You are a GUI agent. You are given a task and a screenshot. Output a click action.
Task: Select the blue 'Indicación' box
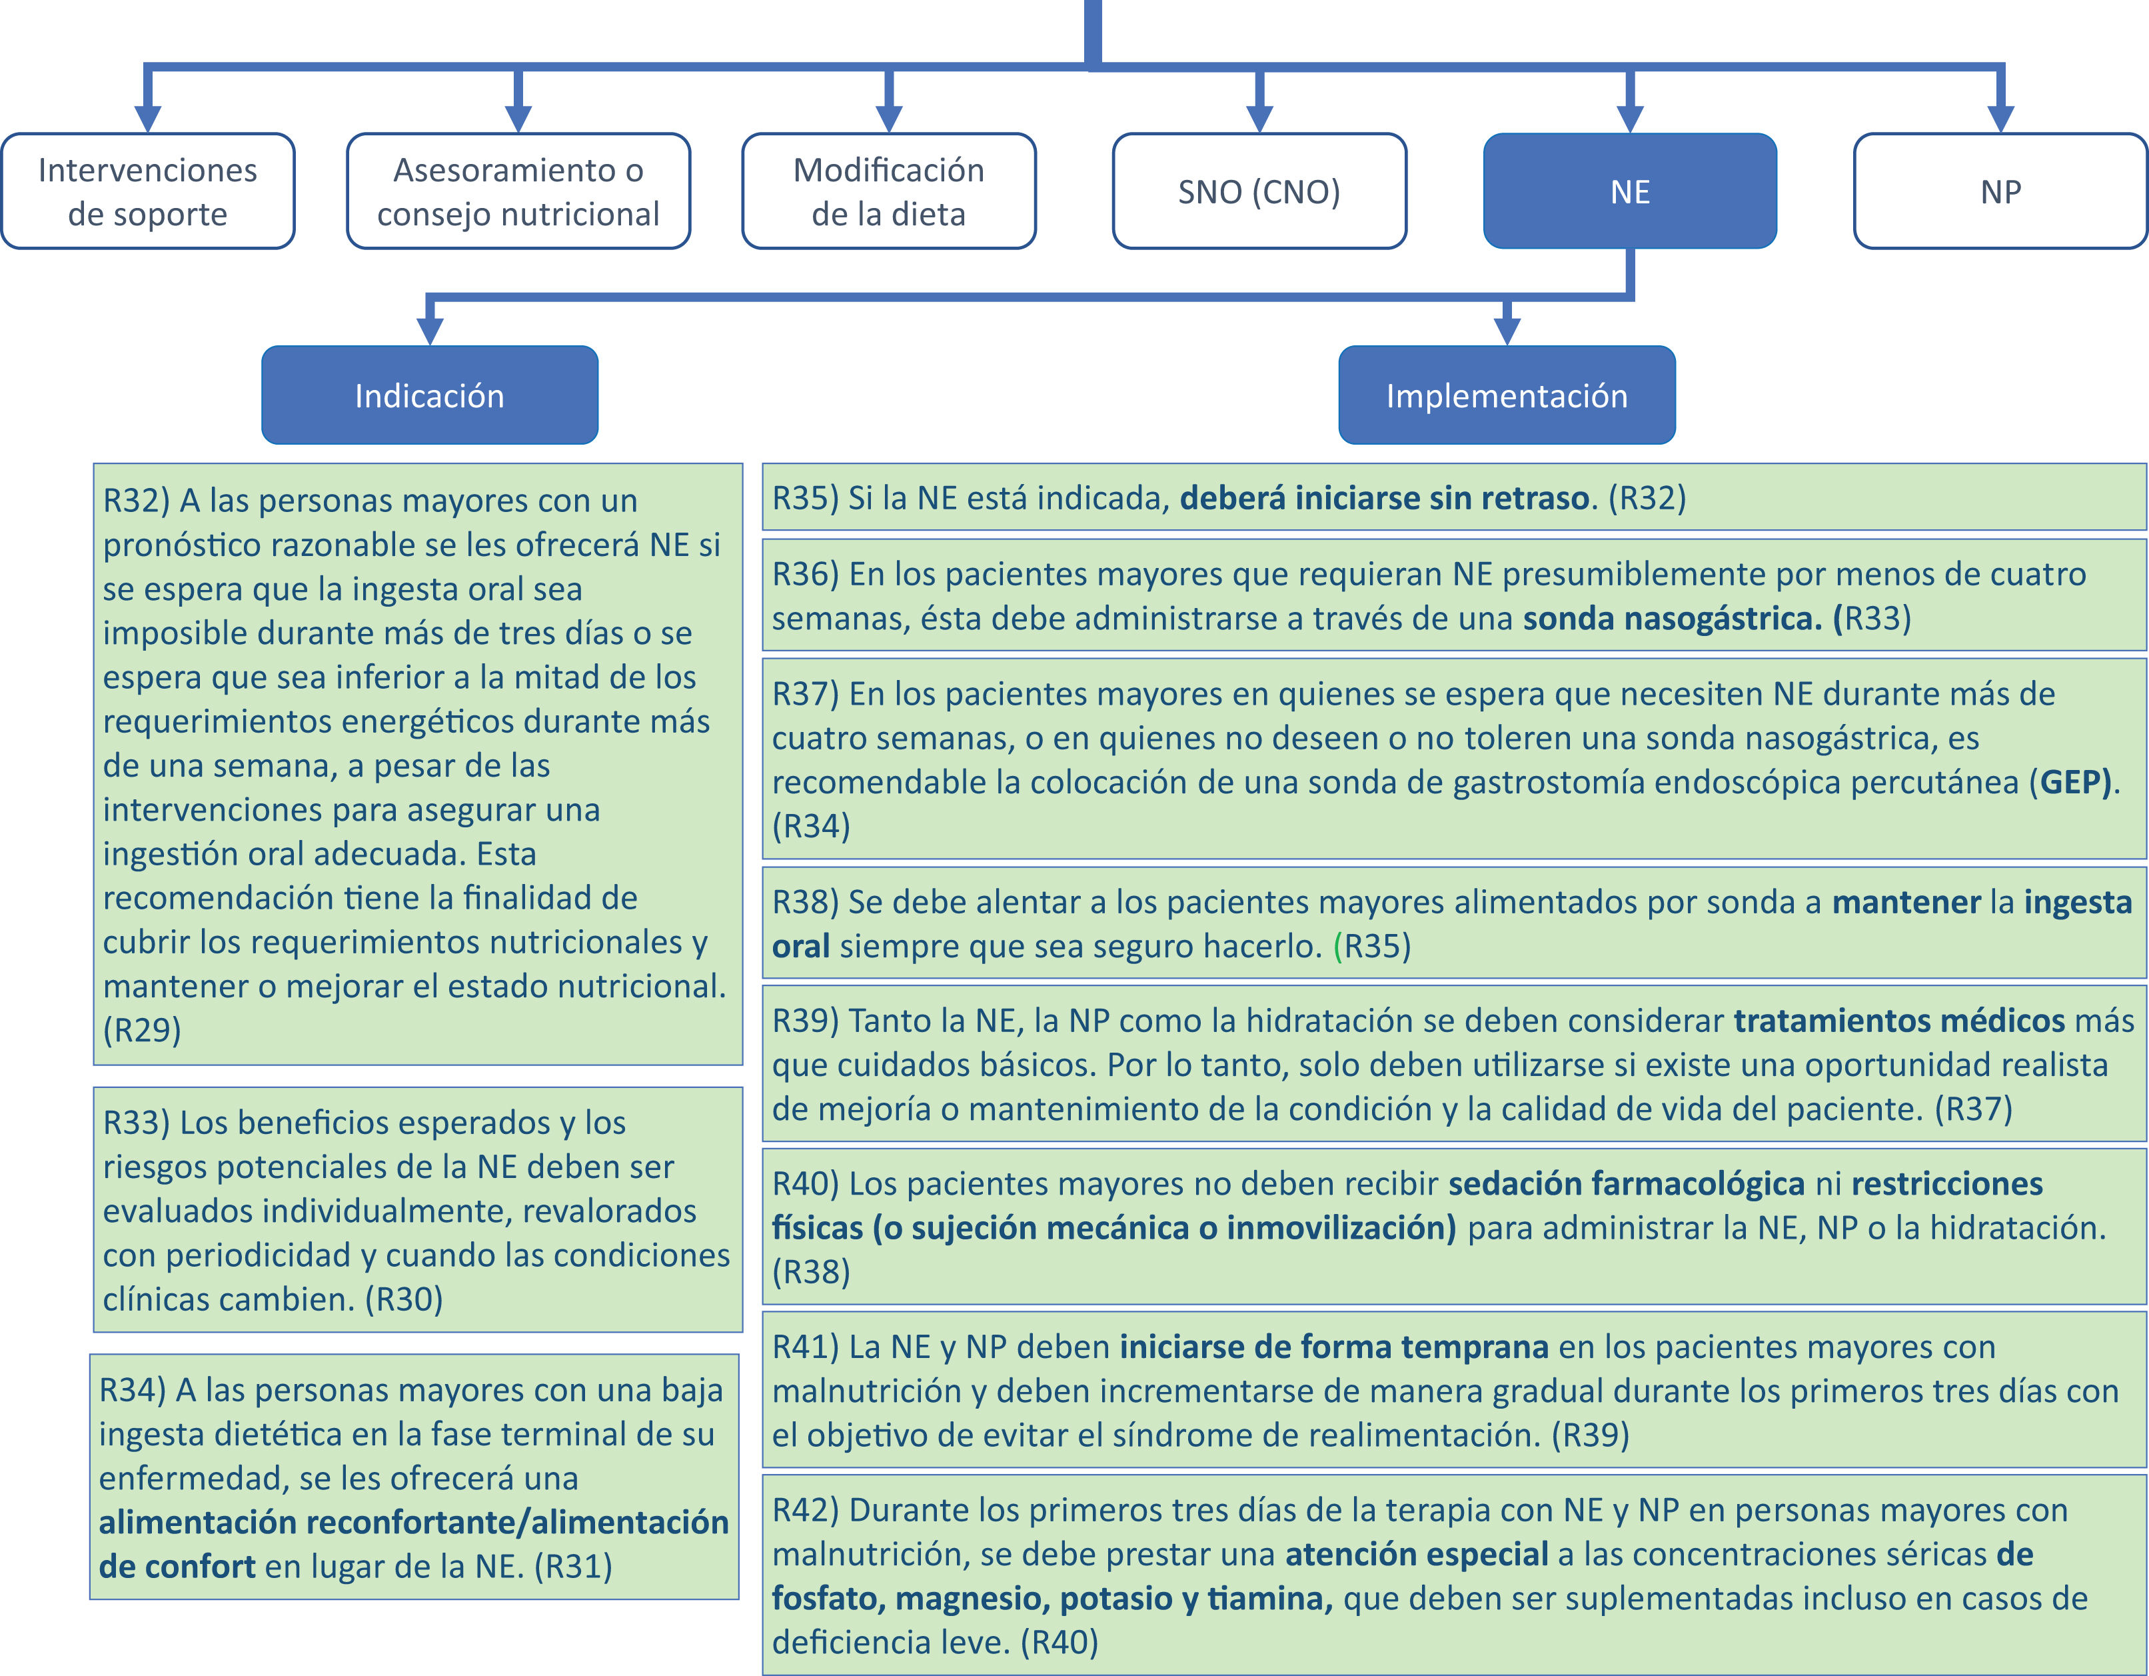[x=429, y=395]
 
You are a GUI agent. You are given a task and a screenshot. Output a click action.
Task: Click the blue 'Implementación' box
[x=1507, y=395]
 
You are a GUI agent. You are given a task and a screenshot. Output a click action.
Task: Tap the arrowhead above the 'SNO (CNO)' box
[x=1259, y=117]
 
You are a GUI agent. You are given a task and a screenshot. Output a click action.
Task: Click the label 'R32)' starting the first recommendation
[x=136, y=501]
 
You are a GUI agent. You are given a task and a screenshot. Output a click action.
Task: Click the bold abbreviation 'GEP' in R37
[x=2074, y=781]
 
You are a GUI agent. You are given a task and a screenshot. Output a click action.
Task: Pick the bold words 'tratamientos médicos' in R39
[x=1898, y=1021]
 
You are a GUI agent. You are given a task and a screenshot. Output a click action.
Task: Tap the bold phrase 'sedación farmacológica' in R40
[x=1625, y=1183]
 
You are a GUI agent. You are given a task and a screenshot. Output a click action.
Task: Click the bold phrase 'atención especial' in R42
[x=1416, y=1554]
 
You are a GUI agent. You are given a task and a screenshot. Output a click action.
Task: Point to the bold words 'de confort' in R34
[x=177, y=1566]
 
